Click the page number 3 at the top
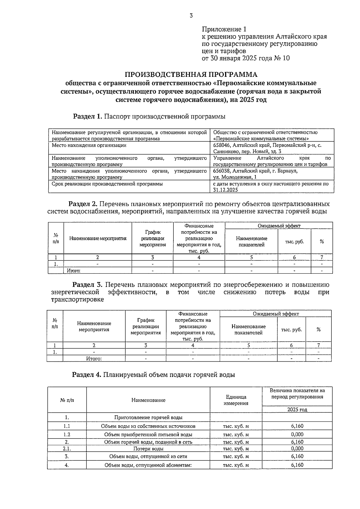click(191, 16)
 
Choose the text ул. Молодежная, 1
click(235, 177)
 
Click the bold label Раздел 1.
click(88, 116)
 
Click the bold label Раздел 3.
click(88, 285)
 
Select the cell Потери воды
click(148, 449)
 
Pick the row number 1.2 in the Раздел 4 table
click(67, 434)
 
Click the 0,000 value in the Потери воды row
click(297, 448)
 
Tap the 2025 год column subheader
click(297, 409)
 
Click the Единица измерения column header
click(236, 400)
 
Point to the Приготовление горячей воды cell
click(148, 417)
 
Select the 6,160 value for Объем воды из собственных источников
click(297, 426)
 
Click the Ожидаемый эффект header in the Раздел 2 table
click(279, 226)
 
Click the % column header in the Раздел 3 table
click(318, 329)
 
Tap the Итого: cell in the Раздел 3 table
click(94, 358)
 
